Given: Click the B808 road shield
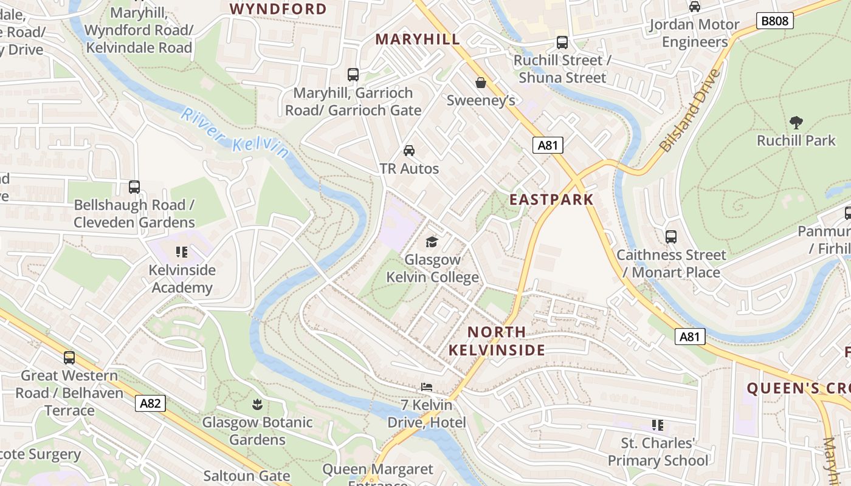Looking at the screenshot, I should [x=775, y=21].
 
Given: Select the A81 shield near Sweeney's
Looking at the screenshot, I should [x=548, y=145].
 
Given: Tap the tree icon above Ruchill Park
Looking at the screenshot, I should [x=796, y=123].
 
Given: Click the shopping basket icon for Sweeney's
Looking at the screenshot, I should [x=481, y=83].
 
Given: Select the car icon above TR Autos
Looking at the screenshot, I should [x=409, y=151].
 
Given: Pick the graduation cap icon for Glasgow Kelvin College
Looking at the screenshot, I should [x=432, y=242].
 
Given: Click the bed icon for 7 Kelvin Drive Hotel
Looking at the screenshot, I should [x=426, y=387].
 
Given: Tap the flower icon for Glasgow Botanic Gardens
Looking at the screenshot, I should [x=257, y=404].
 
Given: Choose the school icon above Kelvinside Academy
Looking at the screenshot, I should [x=181, y=252].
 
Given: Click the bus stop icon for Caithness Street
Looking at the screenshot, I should [x=671, y=237].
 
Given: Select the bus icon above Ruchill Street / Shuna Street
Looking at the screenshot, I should [x=562, y=43].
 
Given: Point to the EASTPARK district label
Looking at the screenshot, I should [x=551, y=200].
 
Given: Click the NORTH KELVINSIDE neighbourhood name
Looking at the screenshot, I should [x=497, y=341].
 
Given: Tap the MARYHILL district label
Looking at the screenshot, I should [x=418, y=39].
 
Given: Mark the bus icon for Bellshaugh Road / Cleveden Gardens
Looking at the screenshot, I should [x=134, y=187].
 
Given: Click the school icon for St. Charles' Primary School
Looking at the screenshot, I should [x=657, y=425].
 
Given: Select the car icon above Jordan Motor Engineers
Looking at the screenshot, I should [x=695, y=7].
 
